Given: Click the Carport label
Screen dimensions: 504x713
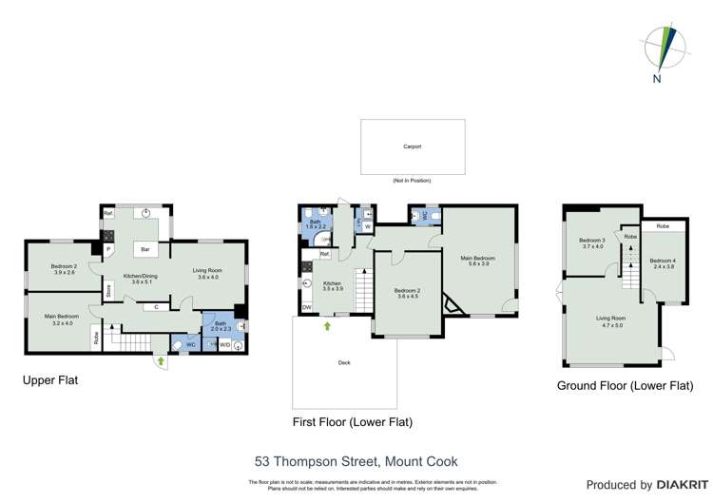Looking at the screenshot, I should coord(413,147).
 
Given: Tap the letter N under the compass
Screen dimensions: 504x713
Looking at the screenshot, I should coord(656,79).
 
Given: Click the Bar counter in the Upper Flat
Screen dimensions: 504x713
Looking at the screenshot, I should coord(146,250).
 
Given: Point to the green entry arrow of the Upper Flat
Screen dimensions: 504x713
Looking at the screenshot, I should coord(161,361).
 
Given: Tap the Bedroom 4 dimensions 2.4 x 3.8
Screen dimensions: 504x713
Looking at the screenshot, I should coord(663,267).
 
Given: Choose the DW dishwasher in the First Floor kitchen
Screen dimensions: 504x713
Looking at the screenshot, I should coord(307,308).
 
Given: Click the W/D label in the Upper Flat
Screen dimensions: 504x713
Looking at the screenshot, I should coord(224,344).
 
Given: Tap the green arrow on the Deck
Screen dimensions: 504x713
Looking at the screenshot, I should coord(327,326).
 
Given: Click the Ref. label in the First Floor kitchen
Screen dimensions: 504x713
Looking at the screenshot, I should coord(324,254).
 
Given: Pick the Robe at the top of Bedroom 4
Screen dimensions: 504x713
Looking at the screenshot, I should coord(662,226).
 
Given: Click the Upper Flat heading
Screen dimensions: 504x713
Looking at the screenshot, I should coord(50,379).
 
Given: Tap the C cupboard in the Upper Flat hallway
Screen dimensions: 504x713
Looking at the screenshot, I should coord(155,307).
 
